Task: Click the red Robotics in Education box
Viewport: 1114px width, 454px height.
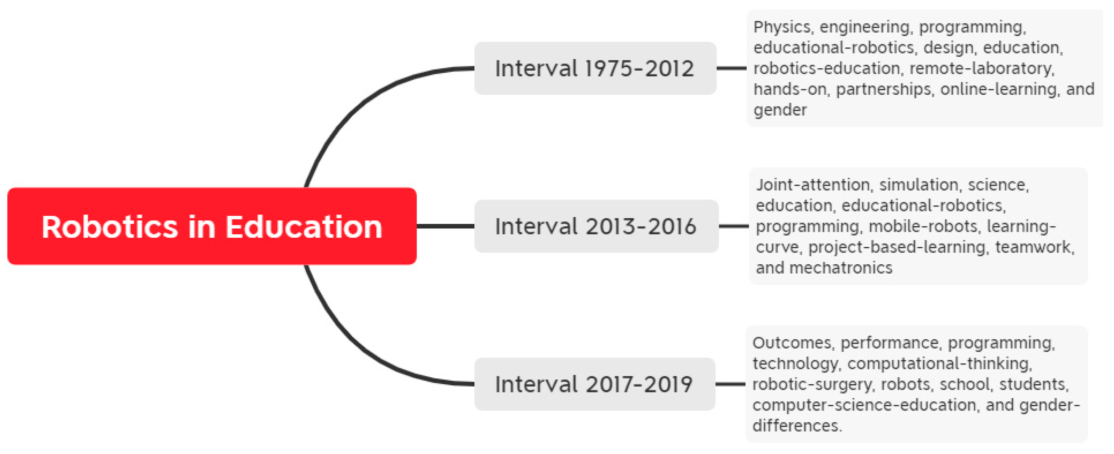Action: [212, 226]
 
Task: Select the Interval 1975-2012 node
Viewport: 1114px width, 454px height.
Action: [595, 68]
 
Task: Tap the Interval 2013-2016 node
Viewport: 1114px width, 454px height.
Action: [596, 226]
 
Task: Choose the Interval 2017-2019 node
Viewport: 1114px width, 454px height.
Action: [595, 384]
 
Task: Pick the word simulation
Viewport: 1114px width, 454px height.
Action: [918, 185]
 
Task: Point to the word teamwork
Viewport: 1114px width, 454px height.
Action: [1033, 247]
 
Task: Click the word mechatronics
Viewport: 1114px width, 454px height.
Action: [841, 268]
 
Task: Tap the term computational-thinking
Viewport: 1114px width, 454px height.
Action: [938, 363]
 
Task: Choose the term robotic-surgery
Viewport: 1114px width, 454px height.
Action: [811, 385]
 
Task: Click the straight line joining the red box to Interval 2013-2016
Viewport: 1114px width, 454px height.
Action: [445, 226]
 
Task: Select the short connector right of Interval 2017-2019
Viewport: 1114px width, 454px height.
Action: [730, 384]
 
